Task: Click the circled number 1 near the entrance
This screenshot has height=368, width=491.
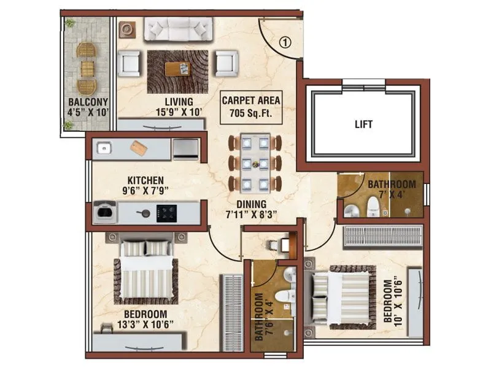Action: click(x=285, y=43)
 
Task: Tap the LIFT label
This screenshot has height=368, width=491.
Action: click(x=363, y=124)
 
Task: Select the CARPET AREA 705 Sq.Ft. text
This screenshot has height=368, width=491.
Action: click(x=251, y=105)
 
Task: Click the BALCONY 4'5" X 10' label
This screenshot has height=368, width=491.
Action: click(x=88, y=107)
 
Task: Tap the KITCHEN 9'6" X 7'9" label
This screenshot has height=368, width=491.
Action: click(x=145, y=185)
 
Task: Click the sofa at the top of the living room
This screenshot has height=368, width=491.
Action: click(x=178, y=29)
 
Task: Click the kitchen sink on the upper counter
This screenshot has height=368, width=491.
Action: click(x=104, y=148)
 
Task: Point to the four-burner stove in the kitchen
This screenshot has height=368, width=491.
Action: click(x=166, y=213)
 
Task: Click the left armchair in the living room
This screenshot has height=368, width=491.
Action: click(x=130, y=63)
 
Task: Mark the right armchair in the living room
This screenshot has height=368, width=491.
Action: click(x=226, y=63)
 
